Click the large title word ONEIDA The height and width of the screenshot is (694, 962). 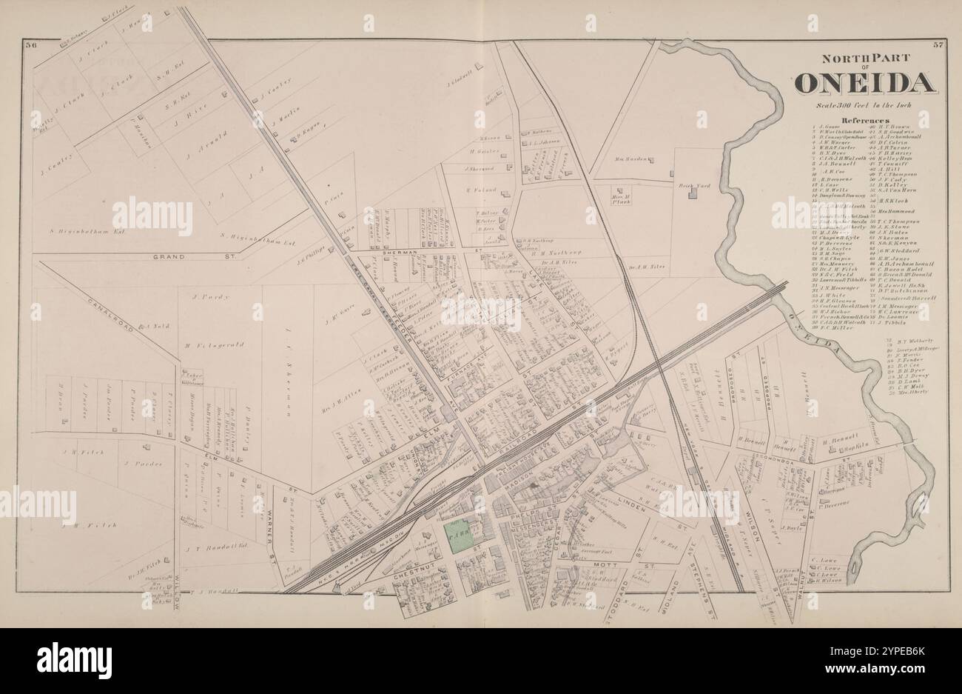(863, 83)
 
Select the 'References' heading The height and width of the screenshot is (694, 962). (864, 120)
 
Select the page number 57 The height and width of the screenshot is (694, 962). (937, 46)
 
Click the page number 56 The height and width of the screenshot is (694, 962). (31, 46)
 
